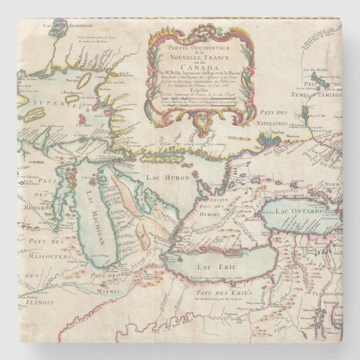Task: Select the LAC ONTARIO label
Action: [x=298, y=211]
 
